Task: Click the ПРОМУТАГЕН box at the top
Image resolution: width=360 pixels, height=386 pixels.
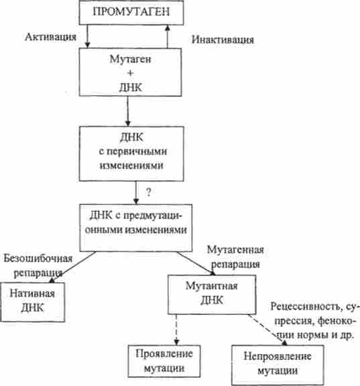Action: [131, 12]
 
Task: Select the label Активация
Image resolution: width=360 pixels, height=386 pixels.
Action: [50, 37]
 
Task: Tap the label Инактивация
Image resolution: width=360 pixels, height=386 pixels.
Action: [223, 40]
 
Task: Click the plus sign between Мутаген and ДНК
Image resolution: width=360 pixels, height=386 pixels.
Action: [130, 73]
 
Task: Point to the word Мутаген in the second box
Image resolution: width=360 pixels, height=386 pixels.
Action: [130, 59]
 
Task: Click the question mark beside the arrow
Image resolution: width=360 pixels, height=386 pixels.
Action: [148, 192]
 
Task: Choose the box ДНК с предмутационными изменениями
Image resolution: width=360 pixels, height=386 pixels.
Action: [136, 228]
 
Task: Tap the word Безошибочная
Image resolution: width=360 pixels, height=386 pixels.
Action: [38, 259]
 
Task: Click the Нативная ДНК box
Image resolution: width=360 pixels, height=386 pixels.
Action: [32, 302]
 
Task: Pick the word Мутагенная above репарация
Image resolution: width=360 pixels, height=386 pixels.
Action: [235, 250]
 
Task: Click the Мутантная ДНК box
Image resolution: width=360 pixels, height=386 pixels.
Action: [212, 294]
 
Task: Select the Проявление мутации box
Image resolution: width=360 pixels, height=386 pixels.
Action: [164, 361]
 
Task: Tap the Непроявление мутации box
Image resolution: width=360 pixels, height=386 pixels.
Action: [278, 365]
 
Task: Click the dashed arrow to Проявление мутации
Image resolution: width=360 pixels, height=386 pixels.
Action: [176, 330]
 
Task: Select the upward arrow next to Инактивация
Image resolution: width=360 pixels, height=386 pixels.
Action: [168, 36]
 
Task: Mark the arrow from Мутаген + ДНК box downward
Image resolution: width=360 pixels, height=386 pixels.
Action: [127, 111]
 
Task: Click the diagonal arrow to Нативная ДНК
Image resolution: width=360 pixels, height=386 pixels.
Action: [72, 267]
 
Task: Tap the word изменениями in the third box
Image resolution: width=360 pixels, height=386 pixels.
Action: [131, 166]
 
